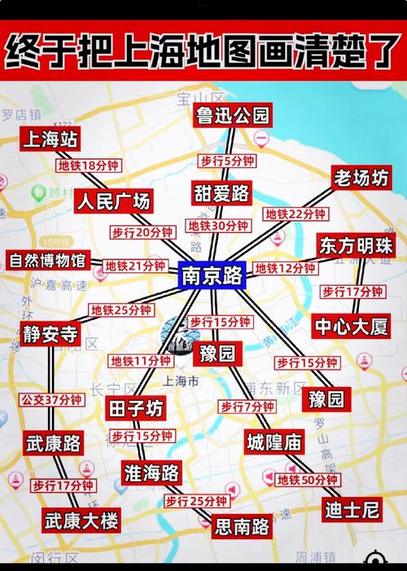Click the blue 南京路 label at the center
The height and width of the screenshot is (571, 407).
211,276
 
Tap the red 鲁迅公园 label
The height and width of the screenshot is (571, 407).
232,116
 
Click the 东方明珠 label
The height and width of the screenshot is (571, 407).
357,245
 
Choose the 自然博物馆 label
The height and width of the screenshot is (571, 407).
46,261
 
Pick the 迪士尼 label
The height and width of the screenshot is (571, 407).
352,511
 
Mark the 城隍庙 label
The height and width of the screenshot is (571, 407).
274,442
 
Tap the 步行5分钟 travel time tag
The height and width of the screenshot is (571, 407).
227,160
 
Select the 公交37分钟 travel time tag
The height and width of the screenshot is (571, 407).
51,400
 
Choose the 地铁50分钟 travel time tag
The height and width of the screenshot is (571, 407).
307,481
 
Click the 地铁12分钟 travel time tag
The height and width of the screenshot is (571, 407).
285,268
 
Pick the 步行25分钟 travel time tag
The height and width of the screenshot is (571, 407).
195,501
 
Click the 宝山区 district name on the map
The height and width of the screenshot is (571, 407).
195,99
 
